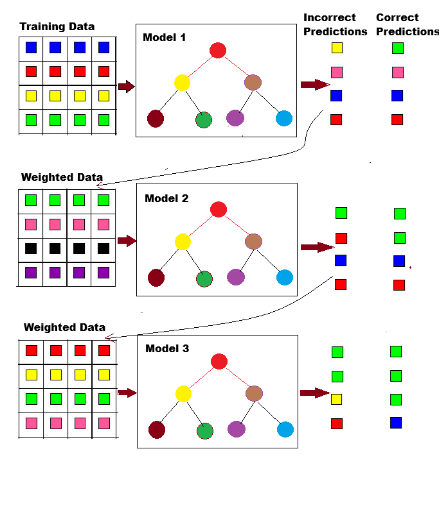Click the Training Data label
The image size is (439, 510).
point(57,27)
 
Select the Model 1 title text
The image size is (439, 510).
point(164,38)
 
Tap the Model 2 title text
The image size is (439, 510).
point(166,198)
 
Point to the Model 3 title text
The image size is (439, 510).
point(167,349)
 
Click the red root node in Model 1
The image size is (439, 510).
point(218,51)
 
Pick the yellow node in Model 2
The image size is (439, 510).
point(183,242)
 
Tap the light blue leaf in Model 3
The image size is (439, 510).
point(285,429)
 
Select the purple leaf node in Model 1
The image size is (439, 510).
point(235,118)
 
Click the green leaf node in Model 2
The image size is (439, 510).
point(204,279)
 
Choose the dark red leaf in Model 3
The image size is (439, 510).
point(157,430)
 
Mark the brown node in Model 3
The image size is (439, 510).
point(254,393)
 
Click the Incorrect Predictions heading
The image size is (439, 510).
point(335,24)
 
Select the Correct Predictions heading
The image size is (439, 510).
point(407,24)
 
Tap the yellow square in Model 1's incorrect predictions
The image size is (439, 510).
point(337,47)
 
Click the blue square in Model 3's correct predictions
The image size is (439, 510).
point(396,423)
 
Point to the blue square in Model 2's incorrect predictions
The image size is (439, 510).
point(341,260)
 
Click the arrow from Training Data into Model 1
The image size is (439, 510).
point(127,87)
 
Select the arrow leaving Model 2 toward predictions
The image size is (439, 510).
point(317,247)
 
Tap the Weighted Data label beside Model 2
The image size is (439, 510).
point(62,177)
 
